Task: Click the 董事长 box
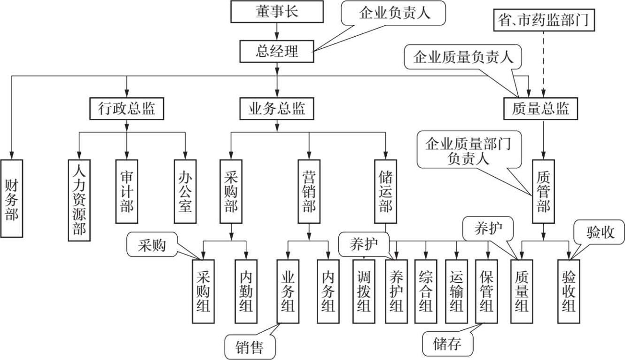[x=277, y=12]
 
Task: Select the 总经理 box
[x=277, y=51]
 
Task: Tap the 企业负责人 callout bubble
[x=394, y=14]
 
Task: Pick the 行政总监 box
[x=126, y=109]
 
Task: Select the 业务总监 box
[x=277, y=109]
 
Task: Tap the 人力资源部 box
[x=79, y=200]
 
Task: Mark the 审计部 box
[x=126, y=192]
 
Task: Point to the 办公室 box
[x=185, y=192]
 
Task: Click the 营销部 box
[x=309, y=192]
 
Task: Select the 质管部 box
[x=544, y=192]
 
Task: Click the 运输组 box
[x=456, y=291]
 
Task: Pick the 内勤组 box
[x=246, y=291]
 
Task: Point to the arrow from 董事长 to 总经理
[x=277, y=31]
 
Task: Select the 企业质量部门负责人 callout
[x=469, y=150]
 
